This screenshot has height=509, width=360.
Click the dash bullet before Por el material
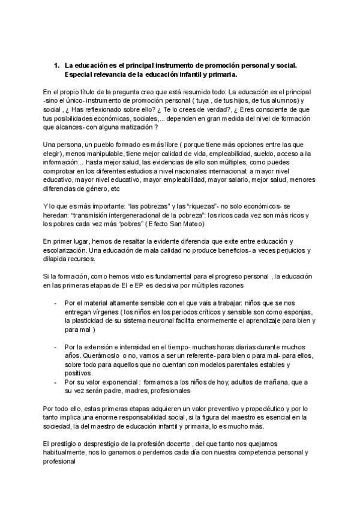pos(55,303)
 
